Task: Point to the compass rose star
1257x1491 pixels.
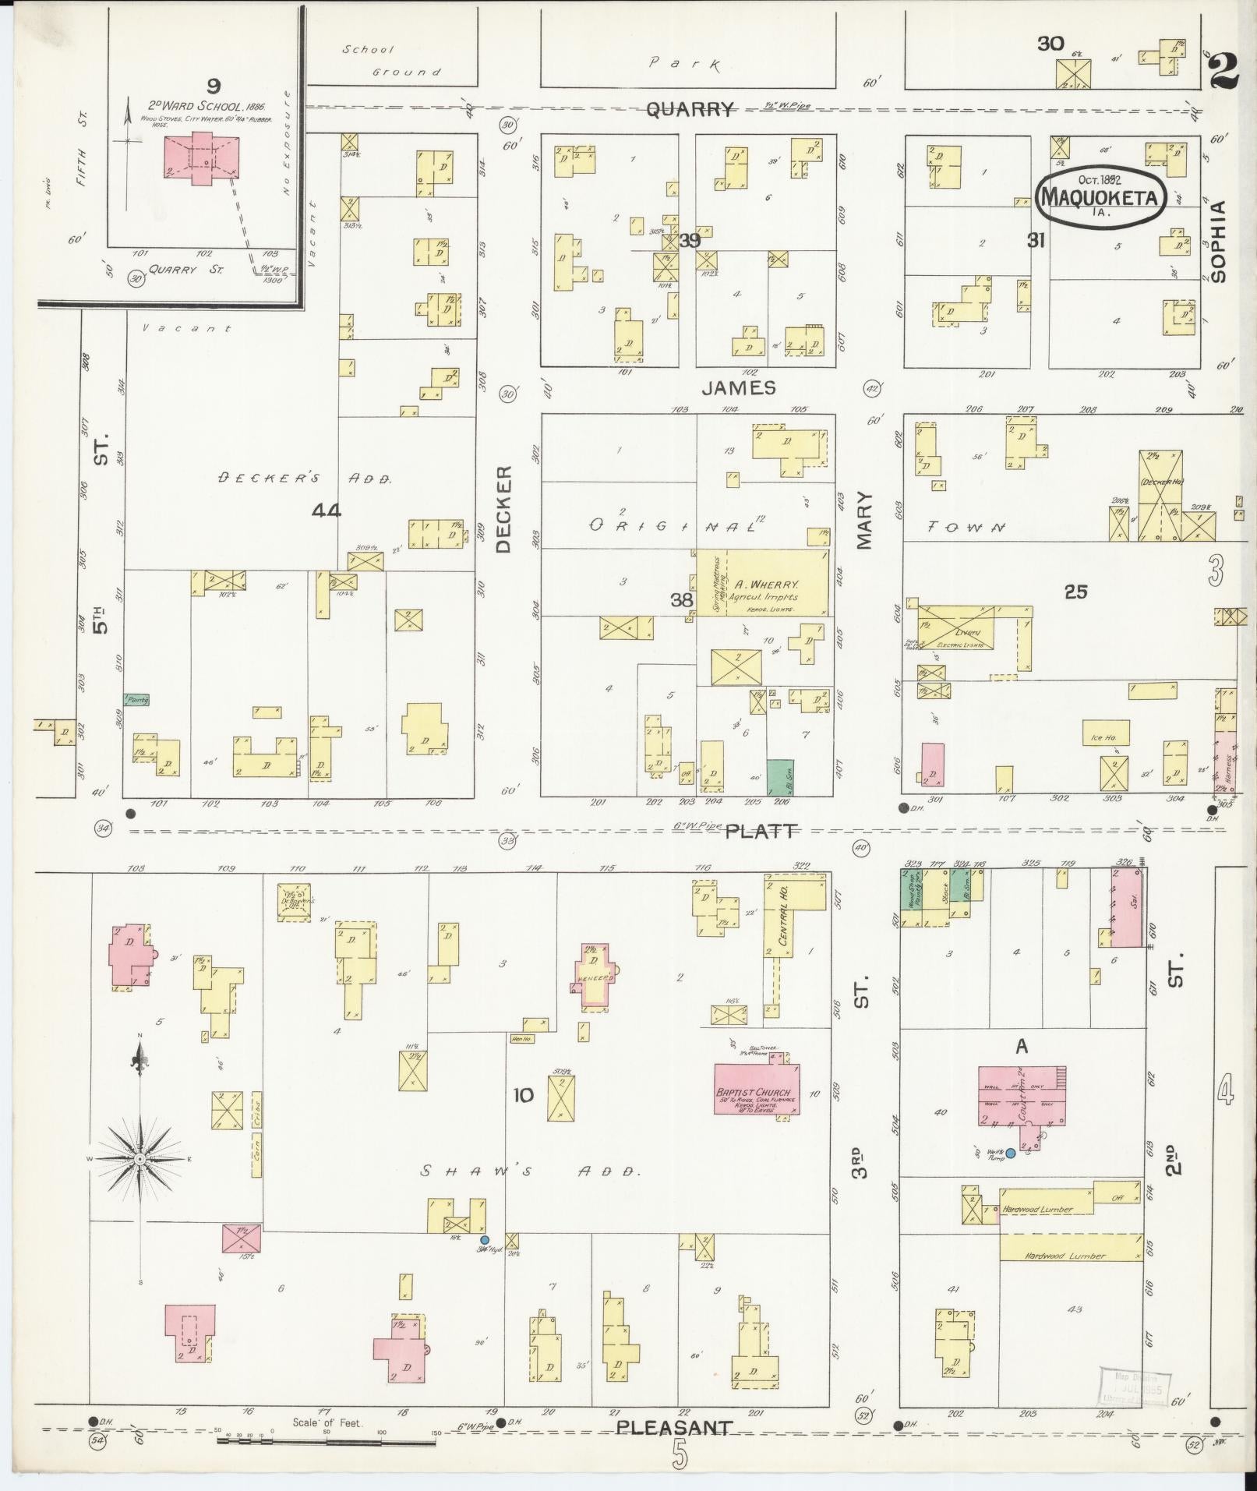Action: [140, 1159]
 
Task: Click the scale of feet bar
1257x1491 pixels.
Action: [327, 1440]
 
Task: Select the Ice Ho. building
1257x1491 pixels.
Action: [1105, 734]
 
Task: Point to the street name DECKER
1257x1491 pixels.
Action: [504, 509]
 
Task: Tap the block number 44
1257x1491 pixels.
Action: [326, 511]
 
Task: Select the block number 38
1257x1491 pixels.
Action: [682, 599]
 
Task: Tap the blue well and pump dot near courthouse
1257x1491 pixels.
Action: [1010, 1153]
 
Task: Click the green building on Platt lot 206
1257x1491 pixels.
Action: [780, 777]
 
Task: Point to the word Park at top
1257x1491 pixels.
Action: [686, 63]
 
